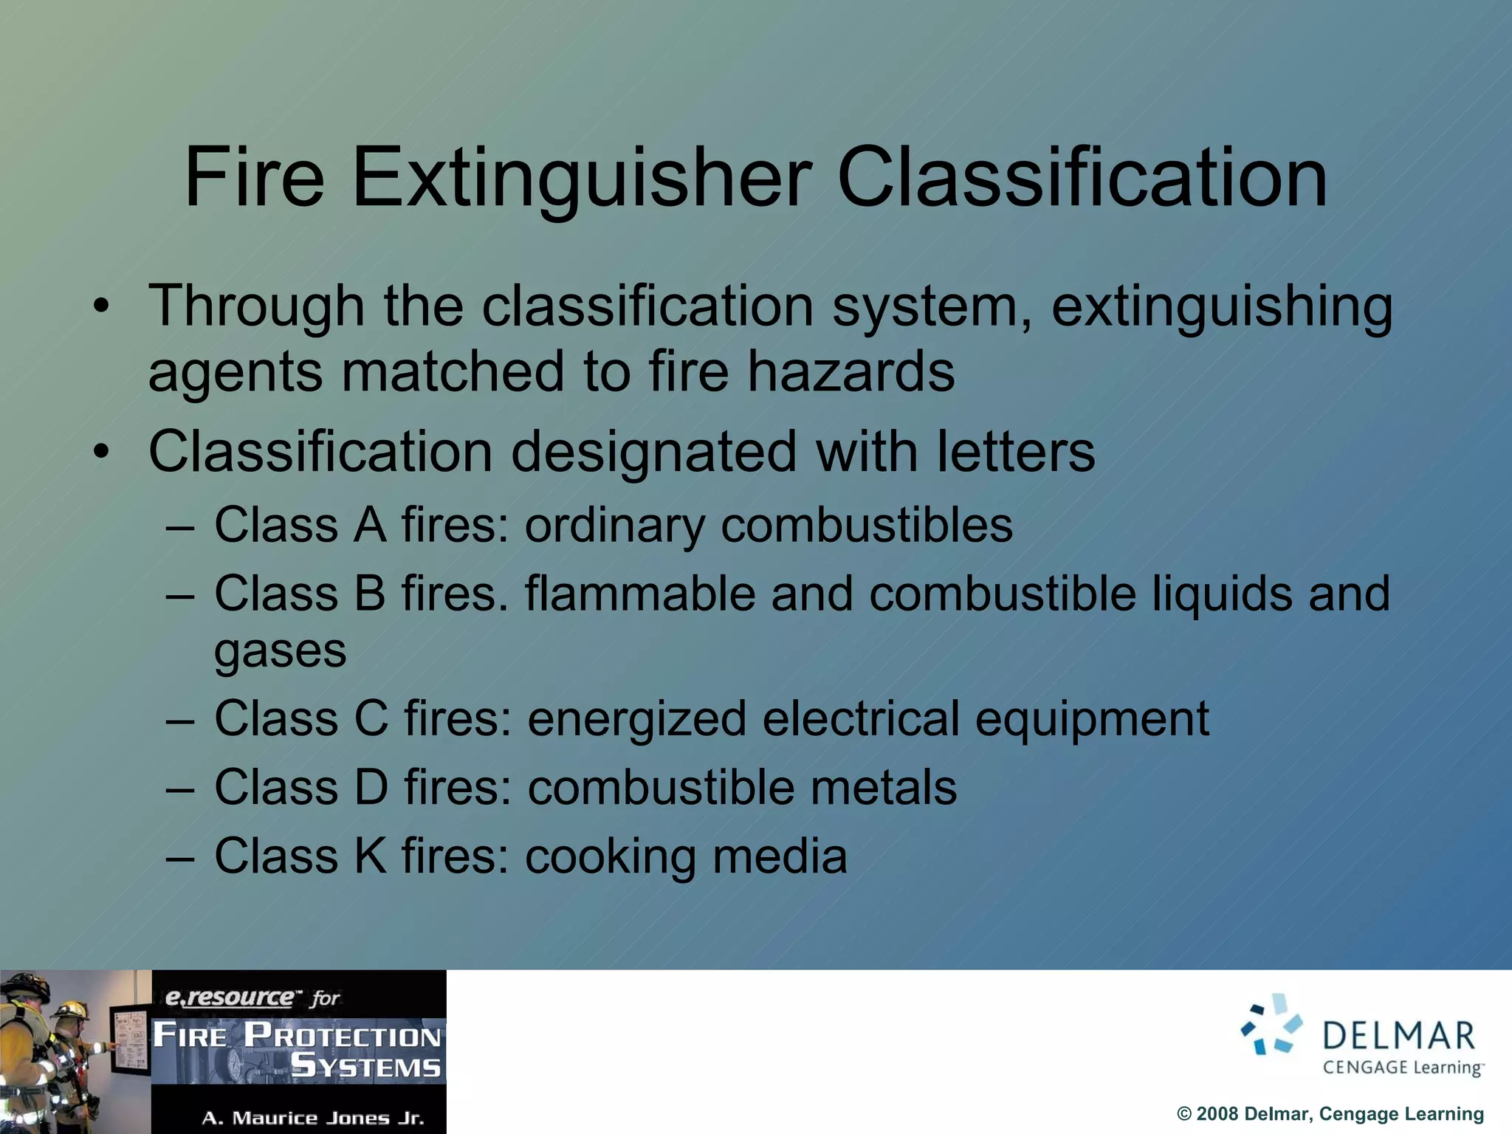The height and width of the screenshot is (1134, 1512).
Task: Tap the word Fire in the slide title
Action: point(254,177)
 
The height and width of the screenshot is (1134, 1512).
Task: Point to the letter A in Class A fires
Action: point(370,525)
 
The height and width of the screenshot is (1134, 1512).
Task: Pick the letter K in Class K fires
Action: point(370,856)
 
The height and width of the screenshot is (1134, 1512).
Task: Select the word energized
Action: point(636,719)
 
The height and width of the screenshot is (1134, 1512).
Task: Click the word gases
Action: point(280,651)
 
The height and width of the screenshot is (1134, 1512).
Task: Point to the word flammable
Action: point(640,593)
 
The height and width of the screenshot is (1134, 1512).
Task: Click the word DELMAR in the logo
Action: point(1398,1037)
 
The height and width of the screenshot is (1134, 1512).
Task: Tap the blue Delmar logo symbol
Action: point(1271,1024)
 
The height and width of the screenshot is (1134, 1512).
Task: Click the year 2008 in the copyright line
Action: point(1217,1114)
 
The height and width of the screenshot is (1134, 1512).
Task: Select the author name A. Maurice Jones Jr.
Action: point(313,1118)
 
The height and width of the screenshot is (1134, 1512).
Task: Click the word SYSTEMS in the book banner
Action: point(365,1067)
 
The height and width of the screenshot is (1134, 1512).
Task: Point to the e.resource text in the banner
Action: point(229,997)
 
